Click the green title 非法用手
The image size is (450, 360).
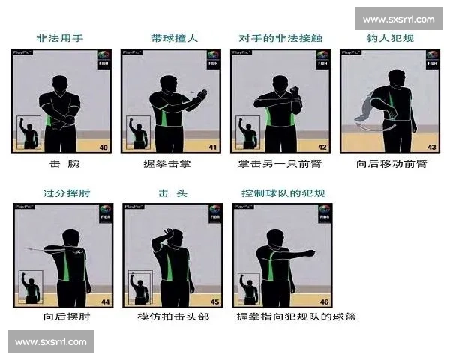tap(61, 37)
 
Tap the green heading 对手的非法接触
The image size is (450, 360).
tap(280, 37)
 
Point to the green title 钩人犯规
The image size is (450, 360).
tap(389, 37)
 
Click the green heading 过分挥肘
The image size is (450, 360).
tap(61, 193)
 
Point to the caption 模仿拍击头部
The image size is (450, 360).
tap(173, 316)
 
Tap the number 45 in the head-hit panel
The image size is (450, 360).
tap(214, 301)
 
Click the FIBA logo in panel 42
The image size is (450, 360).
tap(323, 59)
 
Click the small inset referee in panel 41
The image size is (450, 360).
tap(139, 132)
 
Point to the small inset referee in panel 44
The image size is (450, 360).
tap(31, 287)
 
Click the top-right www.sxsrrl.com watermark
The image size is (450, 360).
tap(398, 19)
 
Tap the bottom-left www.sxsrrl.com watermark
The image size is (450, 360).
tap(50, 342)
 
